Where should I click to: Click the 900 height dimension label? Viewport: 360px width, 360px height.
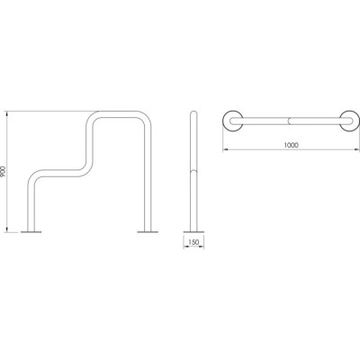tap(4, 171)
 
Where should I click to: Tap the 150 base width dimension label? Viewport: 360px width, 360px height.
tap(193, 242)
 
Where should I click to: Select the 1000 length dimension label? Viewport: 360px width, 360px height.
tap(291, 145)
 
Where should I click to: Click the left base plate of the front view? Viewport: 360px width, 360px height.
tap(31, 231)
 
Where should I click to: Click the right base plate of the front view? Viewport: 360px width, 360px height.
tap(148, 231)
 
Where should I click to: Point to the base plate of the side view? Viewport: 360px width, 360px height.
tap(193, 231)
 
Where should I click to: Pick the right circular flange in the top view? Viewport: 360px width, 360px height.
tap(349, 121)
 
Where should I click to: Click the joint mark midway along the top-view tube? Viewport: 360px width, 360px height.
tap(289, 121)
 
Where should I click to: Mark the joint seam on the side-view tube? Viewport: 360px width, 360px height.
tap(193, 171)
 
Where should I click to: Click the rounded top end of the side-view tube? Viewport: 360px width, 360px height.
tap(193, 112)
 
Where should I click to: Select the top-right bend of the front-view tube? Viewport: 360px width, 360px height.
tap(146, 117)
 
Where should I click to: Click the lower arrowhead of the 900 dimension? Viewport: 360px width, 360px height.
tap(7, 229)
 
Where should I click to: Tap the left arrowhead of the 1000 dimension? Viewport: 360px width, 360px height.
tap(226, 149)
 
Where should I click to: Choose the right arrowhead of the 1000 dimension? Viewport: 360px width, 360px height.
tap(356, 149)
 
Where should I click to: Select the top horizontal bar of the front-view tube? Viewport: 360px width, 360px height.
tap(120, 114)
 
